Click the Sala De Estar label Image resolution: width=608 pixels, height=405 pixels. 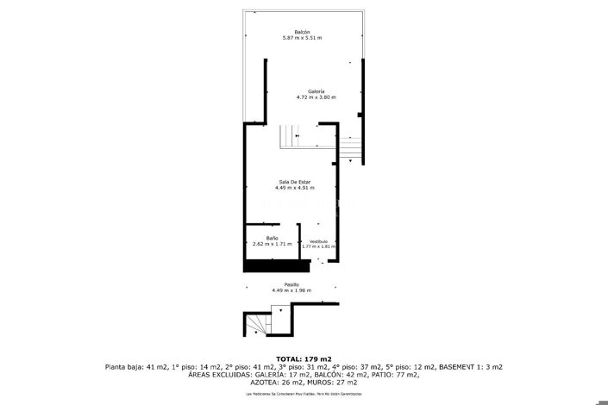(294, 182)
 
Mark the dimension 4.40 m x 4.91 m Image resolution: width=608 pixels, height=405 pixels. (294, 188)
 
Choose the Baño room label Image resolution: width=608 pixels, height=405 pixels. (272, 238)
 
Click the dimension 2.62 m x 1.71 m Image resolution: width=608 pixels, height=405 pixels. (272, 244)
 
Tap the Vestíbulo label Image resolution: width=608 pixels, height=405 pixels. (318, 241)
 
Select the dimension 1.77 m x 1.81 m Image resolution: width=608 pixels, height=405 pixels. (318, 246)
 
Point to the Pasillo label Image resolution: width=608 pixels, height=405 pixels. (291, 284)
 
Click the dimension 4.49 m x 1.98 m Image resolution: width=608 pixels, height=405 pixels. (291, 290)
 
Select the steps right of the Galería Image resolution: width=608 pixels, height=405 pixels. (350, 151)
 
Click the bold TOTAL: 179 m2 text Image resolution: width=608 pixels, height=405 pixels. (304, 358)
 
